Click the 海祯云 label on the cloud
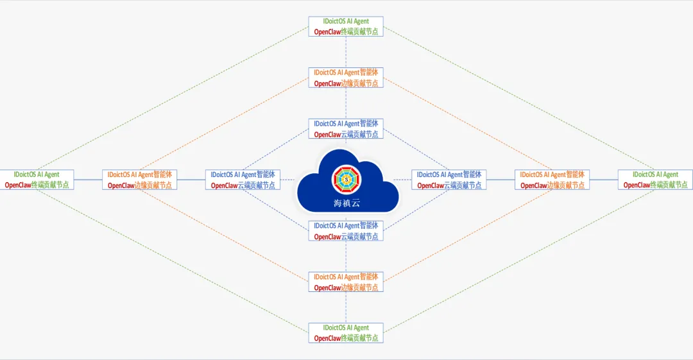(346, 204)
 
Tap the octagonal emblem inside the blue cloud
(346, 180)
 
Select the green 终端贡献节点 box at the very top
(346, 26)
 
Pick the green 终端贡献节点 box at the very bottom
(346, 333)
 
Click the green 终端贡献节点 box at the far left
(37, 180)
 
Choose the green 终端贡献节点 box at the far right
(655, 180)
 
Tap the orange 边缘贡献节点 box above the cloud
(346, 78)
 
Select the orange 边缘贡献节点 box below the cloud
(346, 282)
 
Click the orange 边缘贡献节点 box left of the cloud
(140, 180)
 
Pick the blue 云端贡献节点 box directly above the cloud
(346, 129)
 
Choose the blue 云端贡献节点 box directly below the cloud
(346, 231)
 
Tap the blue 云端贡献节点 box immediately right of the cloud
(449, 180)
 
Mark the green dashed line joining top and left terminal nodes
(173, 99)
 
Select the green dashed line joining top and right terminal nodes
(520, 99)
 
